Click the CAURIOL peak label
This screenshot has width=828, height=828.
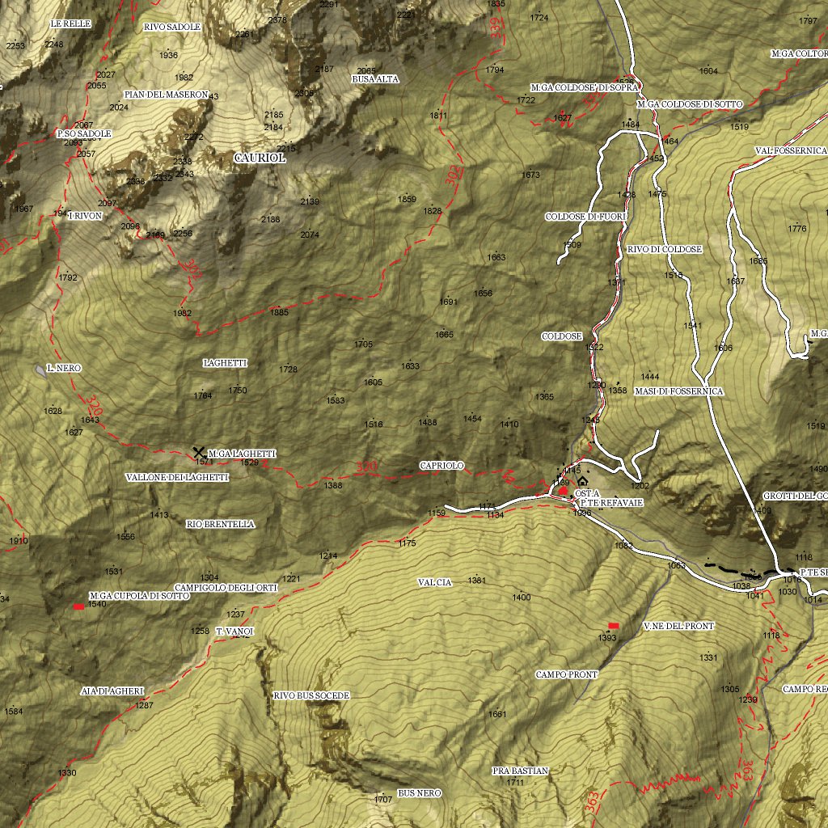click(260, 158)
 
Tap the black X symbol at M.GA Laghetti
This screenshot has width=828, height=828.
click(198, 452)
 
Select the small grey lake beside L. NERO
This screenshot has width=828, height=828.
click(40, 370)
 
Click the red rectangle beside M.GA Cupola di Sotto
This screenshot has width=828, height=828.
click(78, 606)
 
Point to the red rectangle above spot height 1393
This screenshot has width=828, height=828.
click(613, 626)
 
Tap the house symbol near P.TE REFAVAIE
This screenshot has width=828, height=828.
click(582, 481)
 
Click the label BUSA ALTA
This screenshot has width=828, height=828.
click(375, 79)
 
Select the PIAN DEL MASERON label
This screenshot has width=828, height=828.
click(166, 95)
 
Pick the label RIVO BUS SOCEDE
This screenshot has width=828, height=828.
click(311, 695)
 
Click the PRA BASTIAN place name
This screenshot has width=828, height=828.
click(520, 771)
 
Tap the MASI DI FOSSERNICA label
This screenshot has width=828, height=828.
click(678, 391)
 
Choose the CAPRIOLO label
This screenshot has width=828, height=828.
click(441, 466)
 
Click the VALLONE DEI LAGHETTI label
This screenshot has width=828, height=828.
click(177, 477)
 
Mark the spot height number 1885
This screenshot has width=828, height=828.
click(280, 312)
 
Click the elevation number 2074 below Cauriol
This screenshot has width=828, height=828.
click(310, 235)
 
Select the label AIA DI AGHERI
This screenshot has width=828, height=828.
click(112, 691)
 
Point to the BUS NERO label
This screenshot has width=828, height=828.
click(419, 793)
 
